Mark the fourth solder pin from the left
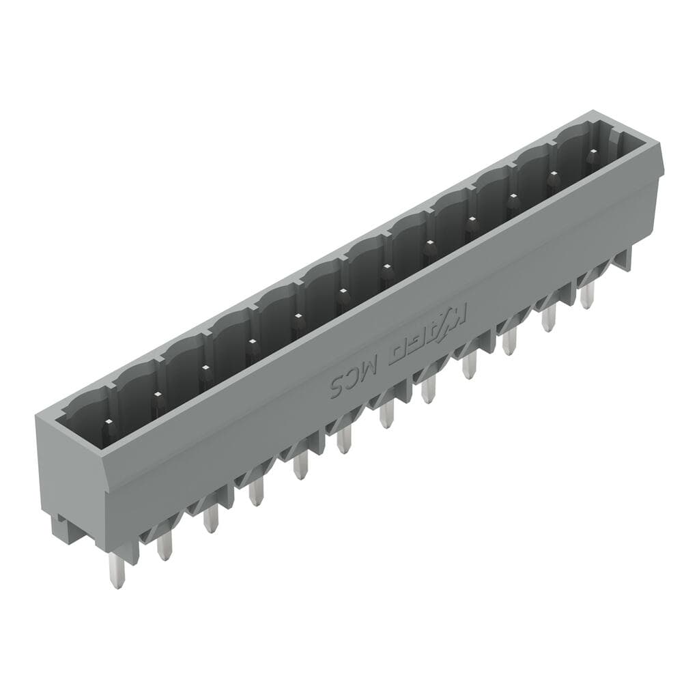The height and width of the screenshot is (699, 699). (x=255, y=491)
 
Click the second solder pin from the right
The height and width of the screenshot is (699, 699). (x=549, y=317)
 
